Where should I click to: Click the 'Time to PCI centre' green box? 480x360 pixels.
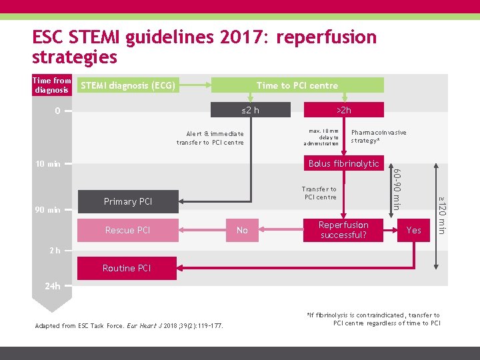point(297,85)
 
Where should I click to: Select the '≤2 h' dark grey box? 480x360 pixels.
point(251,110)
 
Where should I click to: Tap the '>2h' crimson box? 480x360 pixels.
point(343,110)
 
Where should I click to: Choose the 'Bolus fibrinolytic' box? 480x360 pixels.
point(343,163)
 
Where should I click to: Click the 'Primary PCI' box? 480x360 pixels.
point(128,201)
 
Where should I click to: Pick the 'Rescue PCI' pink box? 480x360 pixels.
point(128,230)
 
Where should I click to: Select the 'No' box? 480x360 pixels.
point(242,230)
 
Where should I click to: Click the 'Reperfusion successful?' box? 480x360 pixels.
point(343,230)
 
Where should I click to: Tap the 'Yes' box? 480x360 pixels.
point(414,230)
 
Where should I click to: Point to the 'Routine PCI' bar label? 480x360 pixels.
point(127,268)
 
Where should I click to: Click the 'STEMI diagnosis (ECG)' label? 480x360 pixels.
point(128,85)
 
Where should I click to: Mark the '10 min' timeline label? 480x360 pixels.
point(47,164)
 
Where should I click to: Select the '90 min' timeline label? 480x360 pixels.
point(47,210)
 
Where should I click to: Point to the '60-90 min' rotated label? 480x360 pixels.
point(396,190)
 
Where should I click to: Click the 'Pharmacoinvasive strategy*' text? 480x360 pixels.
point(378,137)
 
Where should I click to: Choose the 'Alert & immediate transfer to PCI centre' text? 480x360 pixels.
point(210,138)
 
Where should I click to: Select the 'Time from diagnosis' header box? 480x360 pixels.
point(52,85)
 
